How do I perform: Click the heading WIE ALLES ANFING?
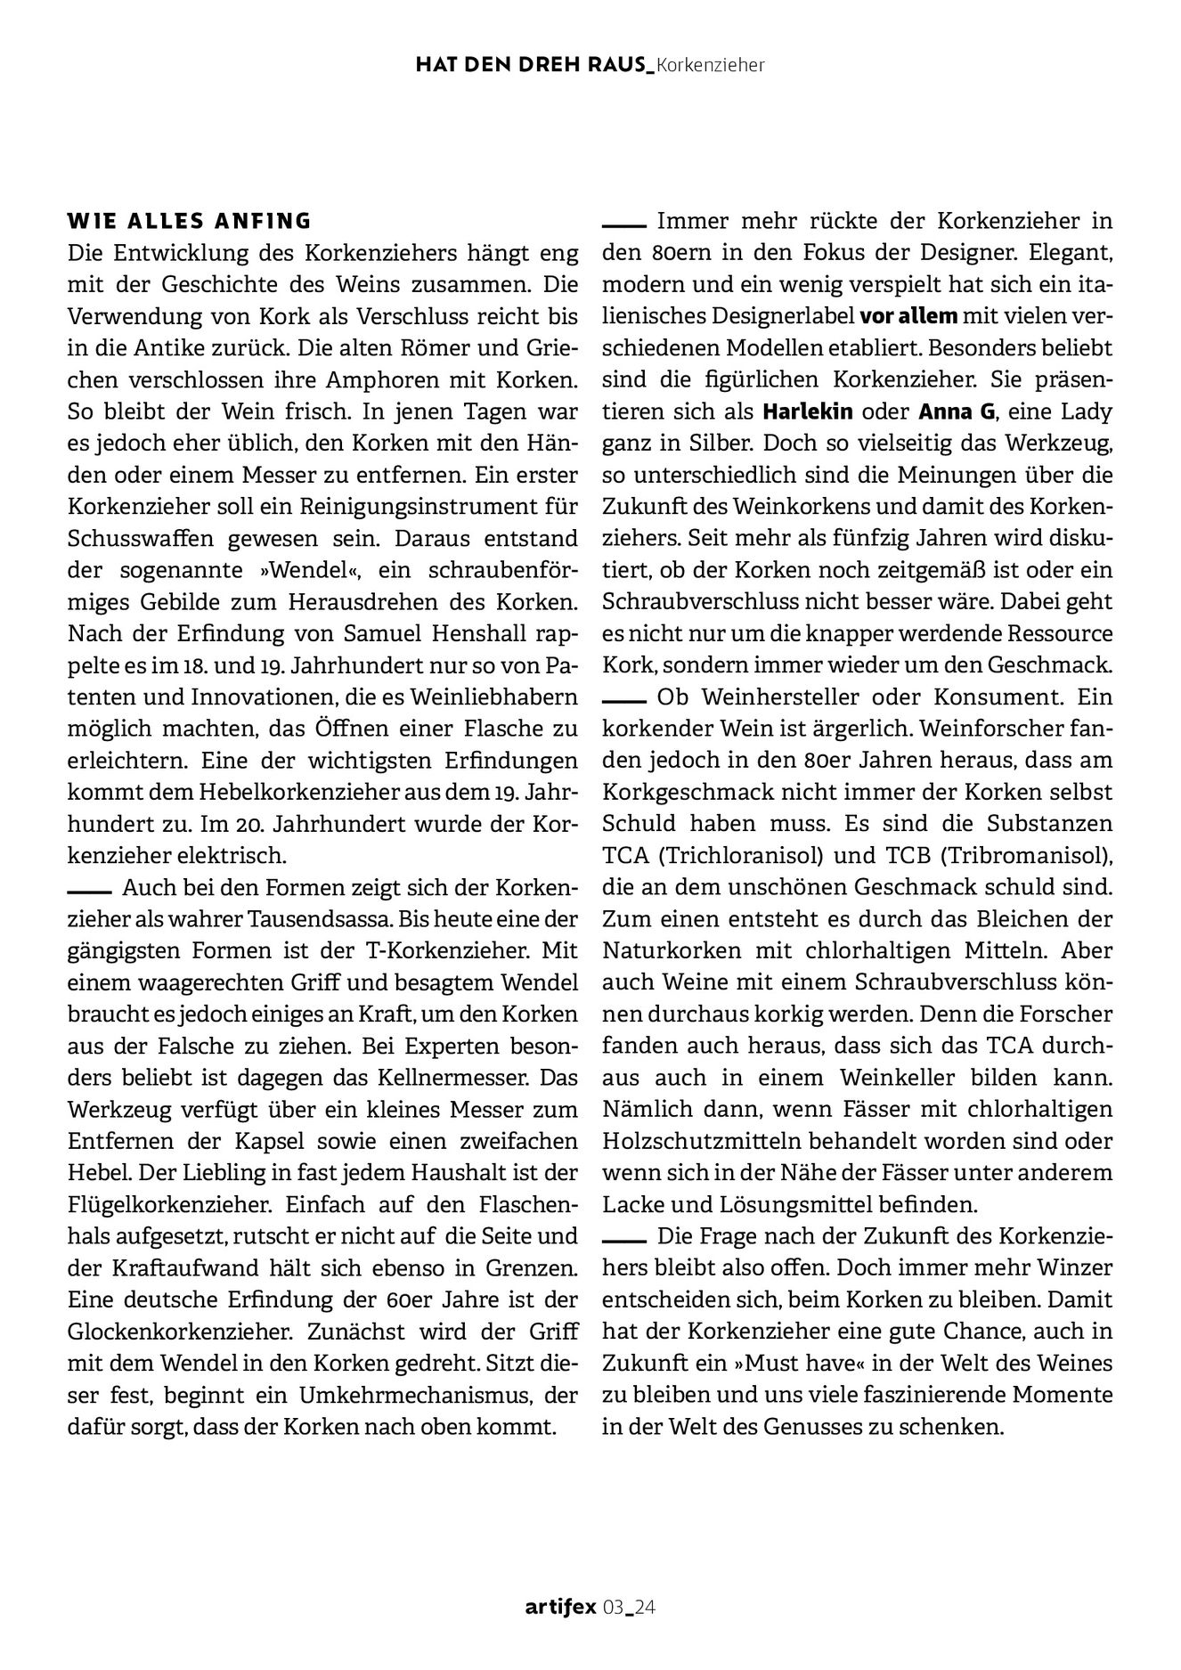190,220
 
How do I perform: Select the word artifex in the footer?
560,1607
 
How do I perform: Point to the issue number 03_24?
630,1607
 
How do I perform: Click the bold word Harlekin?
808,411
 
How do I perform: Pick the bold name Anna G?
950,411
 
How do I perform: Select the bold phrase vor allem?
908,316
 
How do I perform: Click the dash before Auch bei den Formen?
88,889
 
